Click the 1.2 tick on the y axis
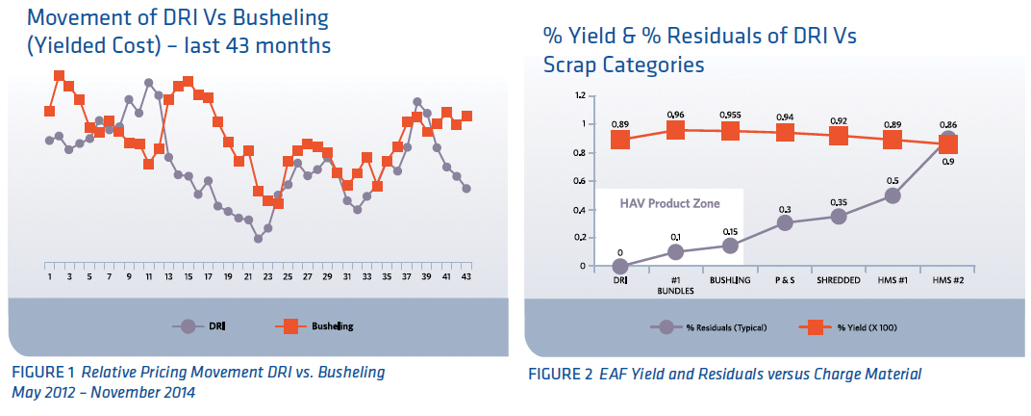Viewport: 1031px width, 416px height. point(579,96)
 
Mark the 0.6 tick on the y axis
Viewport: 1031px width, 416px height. point(579,181)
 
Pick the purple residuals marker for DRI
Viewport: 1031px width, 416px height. point(620,266)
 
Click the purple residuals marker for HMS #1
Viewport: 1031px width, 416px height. point(893,195)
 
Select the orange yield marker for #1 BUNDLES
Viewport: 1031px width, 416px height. point(675,130)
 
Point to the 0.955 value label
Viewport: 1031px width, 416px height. point(730,114)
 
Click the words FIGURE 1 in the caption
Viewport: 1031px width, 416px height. point(41,372)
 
